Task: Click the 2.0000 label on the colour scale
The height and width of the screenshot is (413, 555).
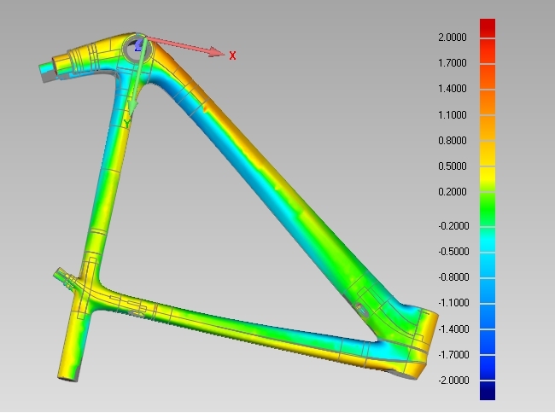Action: [452, 38]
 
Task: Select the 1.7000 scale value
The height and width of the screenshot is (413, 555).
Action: [452, 63]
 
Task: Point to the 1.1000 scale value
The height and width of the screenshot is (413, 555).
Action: [452, 114]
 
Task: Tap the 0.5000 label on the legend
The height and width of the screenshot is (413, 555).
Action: [452, 166]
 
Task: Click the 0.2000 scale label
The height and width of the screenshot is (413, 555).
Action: [452, 192]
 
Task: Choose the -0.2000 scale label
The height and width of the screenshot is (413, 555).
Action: [453, 225]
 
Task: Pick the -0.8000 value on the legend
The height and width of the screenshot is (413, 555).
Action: [453, 276]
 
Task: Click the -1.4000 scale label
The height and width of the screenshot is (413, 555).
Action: [453, 329]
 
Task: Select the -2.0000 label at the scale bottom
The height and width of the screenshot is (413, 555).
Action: [453, 380]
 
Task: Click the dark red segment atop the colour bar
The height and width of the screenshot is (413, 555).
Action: [488, 28]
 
